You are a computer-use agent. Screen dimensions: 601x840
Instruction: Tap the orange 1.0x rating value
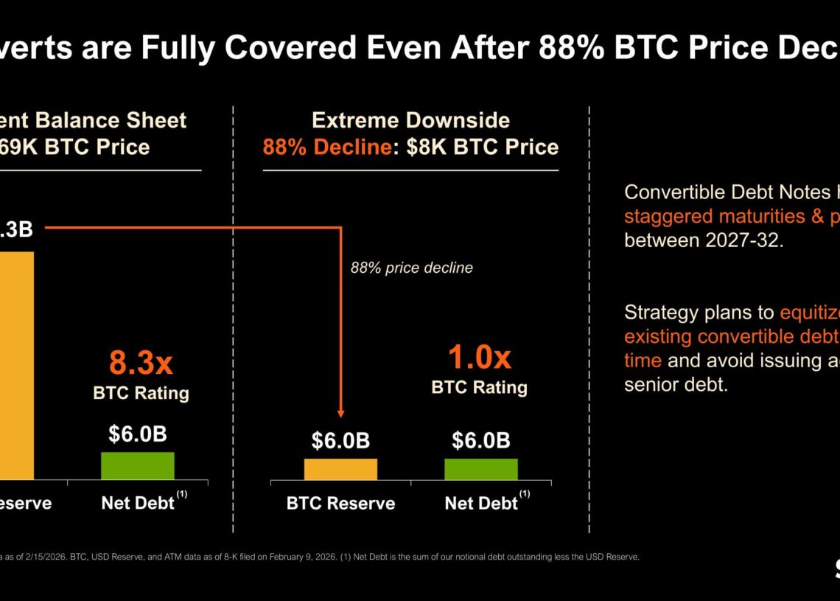click(x=479, y=358)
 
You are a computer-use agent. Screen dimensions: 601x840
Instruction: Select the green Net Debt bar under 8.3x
click(x=138, y=466)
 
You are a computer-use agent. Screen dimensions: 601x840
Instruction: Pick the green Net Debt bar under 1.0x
click(x=480, y=470)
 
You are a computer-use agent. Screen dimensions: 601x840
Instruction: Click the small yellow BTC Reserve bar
click(x=340, y=470)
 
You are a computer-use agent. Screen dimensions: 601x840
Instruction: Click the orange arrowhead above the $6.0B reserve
click(x=340, y=414)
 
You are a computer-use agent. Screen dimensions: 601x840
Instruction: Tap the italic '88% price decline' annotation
click(x=411, y=268)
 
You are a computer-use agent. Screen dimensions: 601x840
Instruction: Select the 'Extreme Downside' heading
click(x=410, y=120)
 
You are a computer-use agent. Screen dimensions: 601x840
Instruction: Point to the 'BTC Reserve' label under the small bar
click(x=340, y=504)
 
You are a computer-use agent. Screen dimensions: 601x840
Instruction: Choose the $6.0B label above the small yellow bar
click(x=340, y=441)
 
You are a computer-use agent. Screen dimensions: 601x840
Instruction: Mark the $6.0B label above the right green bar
click(x=480, y=441)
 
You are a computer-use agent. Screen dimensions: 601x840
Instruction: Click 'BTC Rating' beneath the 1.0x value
click(x=479, y=387)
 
